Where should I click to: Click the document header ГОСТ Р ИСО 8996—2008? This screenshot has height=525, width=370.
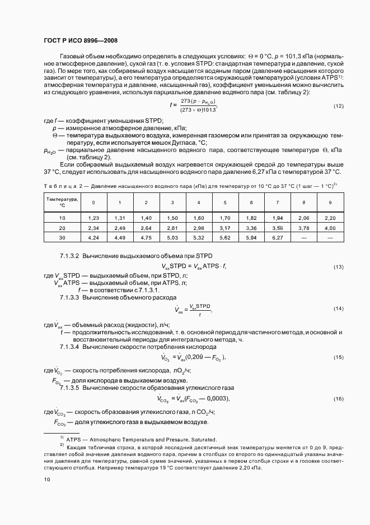pos(80,40)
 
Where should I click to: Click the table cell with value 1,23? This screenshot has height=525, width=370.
pos(93,218)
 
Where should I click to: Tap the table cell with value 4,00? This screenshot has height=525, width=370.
pos(330,228)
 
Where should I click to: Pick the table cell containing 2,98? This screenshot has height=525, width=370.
pos(198,228)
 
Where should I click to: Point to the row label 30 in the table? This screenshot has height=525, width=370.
pos(62,237)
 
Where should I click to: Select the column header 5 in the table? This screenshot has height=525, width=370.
pos(224,202)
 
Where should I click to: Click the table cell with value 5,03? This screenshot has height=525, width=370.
pos(172,237)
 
